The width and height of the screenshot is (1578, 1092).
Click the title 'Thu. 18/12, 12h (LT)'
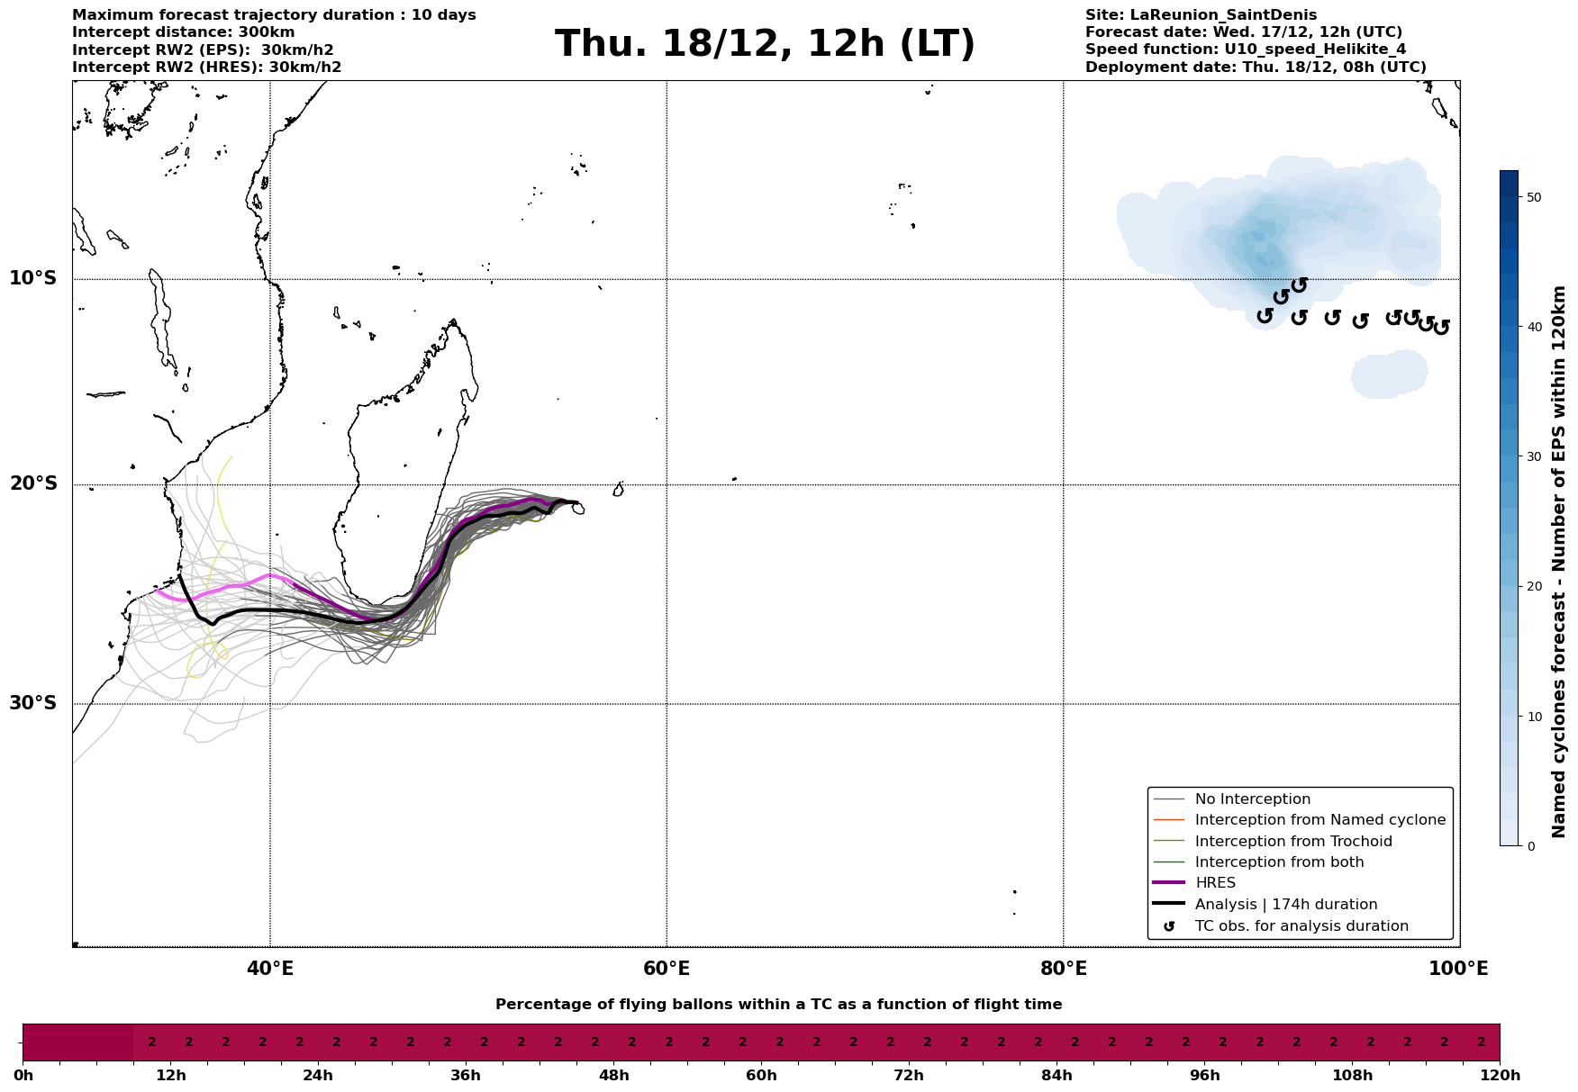[x=765, y=44]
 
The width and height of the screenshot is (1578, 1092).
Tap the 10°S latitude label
[x=33, y=278]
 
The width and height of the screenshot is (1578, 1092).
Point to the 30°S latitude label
[x=33, y=703]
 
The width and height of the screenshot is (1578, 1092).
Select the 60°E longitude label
[x=667, y=970]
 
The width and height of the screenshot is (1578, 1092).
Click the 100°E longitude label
[x=1458, y=970]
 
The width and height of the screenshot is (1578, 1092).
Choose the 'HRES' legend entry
[x=1215, y=883]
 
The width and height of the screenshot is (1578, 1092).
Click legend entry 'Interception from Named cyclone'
[x=1320, y=820]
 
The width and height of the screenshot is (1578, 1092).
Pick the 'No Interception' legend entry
[x=1252, y=799]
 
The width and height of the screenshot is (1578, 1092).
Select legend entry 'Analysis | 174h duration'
[x=1285, y=905]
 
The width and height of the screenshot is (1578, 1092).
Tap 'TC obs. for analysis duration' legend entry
[x=1301, y=926]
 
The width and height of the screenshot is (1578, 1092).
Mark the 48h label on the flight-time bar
[x=613, y=1076]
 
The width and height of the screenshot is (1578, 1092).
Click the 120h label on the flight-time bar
[x=1500, y=1076]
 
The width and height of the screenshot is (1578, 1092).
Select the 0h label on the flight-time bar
[x=23, y=1076]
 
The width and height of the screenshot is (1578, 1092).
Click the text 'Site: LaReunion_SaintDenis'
[x=1201, y=15]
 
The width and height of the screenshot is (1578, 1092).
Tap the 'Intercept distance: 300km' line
[x=183, y=32]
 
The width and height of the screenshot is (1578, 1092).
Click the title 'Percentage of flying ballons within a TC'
[x=778, y=1005]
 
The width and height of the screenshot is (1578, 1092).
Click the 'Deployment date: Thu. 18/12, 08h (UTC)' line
[x=1256, y=68]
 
